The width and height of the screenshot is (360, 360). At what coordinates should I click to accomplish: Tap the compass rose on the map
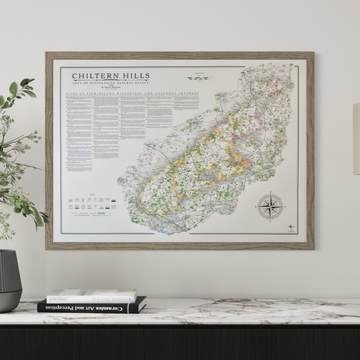(270, 206)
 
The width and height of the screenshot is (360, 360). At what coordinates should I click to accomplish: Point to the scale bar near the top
(198, 78)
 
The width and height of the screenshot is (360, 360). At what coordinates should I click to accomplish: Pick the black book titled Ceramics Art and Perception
(91, 307)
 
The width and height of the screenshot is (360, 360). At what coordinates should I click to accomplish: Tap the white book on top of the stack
(91, 296)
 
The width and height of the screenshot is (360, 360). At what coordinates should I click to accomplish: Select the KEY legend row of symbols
(91, 201)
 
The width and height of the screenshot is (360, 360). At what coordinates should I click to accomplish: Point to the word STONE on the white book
(57, 298)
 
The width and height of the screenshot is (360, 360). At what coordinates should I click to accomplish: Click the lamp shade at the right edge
(356, 139)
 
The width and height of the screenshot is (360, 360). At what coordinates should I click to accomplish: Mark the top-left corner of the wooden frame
(47, 53)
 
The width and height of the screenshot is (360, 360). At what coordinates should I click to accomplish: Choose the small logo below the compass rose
(290, 227)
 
